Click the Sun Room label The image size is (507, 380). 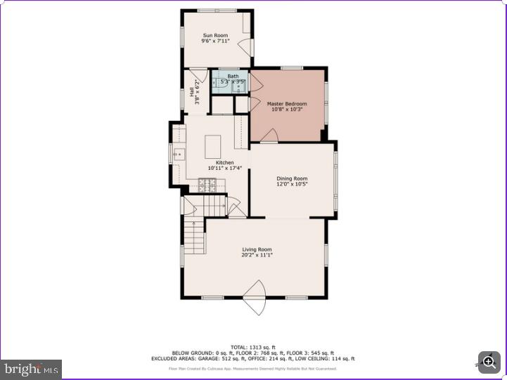215,35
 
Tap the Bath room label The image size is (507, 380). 233,76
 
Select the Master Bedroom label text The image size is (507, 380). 286,104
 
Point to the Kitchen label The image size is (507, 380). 224,162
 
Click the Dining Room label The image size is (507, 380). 291,178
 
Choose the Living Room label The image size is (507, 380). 257,249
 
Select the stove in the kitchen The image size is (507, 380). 208,185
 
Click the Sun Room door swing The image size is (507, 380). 245,48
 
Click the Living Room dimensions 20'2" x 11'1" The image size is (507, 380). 257,255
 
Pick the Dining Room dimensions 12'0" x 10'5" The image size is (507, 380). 291,185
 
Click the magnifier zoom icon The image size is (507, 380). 489,362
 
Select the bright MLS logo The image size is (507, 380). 32,369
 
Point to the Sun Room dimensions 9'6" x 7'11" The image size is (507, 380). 215,41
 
